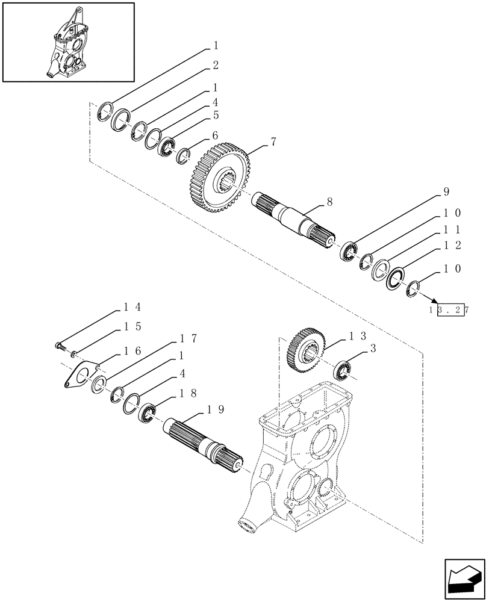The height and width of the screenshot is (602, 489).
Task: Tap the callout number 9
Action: coord(446,193)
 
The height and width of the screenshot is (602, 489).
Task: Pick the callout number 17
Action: coord(188,338)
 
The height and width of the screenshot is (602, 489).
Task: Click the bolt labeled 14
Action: coord(58,346)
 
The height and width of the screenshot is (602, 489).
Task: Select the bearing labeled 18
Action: coord(147,413)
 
